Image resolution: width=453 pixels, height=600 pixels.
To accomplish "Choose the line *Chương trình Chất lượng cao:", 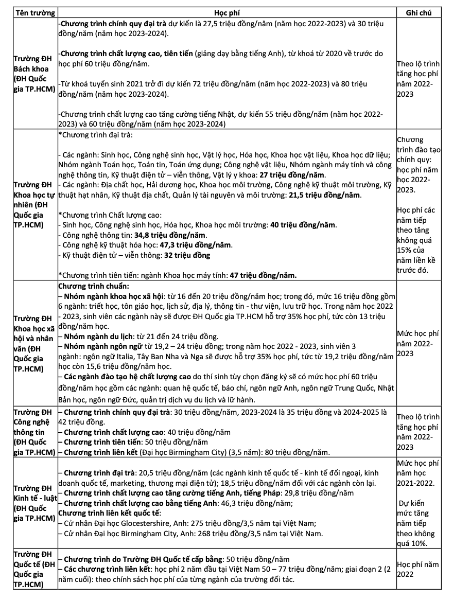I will [110, 215].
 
